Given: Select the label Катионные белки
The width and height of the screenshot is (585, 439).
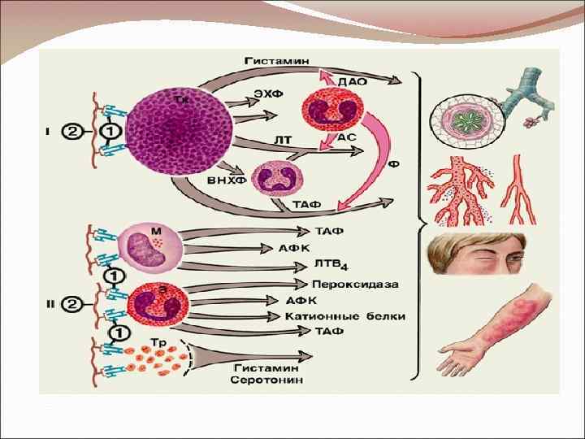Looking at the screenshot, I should [345, 315].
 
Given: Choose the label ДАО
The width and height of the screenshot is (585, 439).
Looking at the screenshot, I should [353, 81].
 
